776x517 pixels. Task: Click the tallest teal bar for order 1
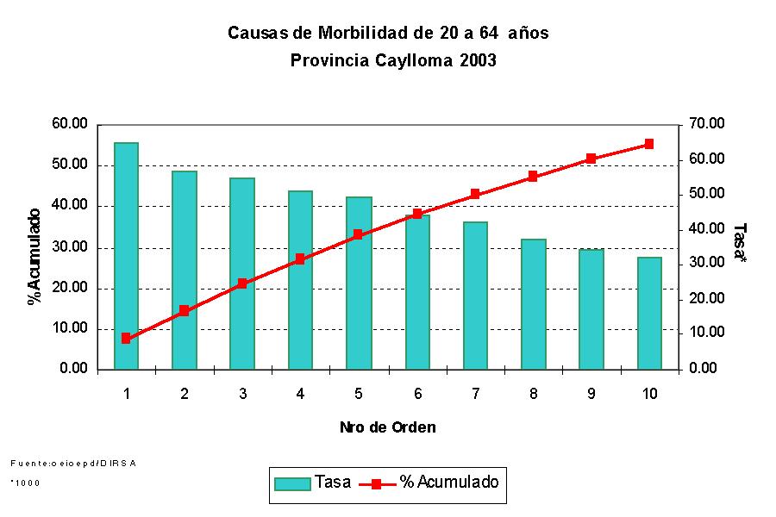click(126, 256)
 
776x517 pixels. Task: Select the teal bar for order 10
click(649, 313)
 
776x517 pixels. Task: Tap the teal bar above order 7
click(475, 296)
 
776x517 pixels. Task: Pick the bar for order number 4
click(300, 280)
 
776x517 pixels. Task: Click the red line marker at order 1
click(126, 339)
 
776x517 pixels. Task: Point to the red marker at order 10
click(649, 144)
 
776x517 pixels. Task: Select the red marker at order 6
click(417, 214)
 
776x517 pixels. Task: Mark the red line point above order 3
click(242, 283)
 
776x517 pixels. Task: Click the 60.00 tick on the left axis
click(70, 124)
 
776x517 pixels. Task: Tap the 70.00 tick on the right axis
click(705, 124)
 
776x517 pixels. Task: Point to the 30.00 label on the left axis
click(70, 247)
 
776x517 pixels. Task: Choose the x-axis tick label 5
click(359, 394)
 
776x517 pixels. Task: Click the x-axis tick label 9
click(591, 394)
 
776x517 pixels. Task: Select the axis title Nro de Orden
click(387, 427)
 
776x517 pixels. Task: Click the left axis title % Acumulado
click(34, 257)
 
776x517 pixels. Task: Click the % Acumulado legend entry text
click(448, 483)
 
